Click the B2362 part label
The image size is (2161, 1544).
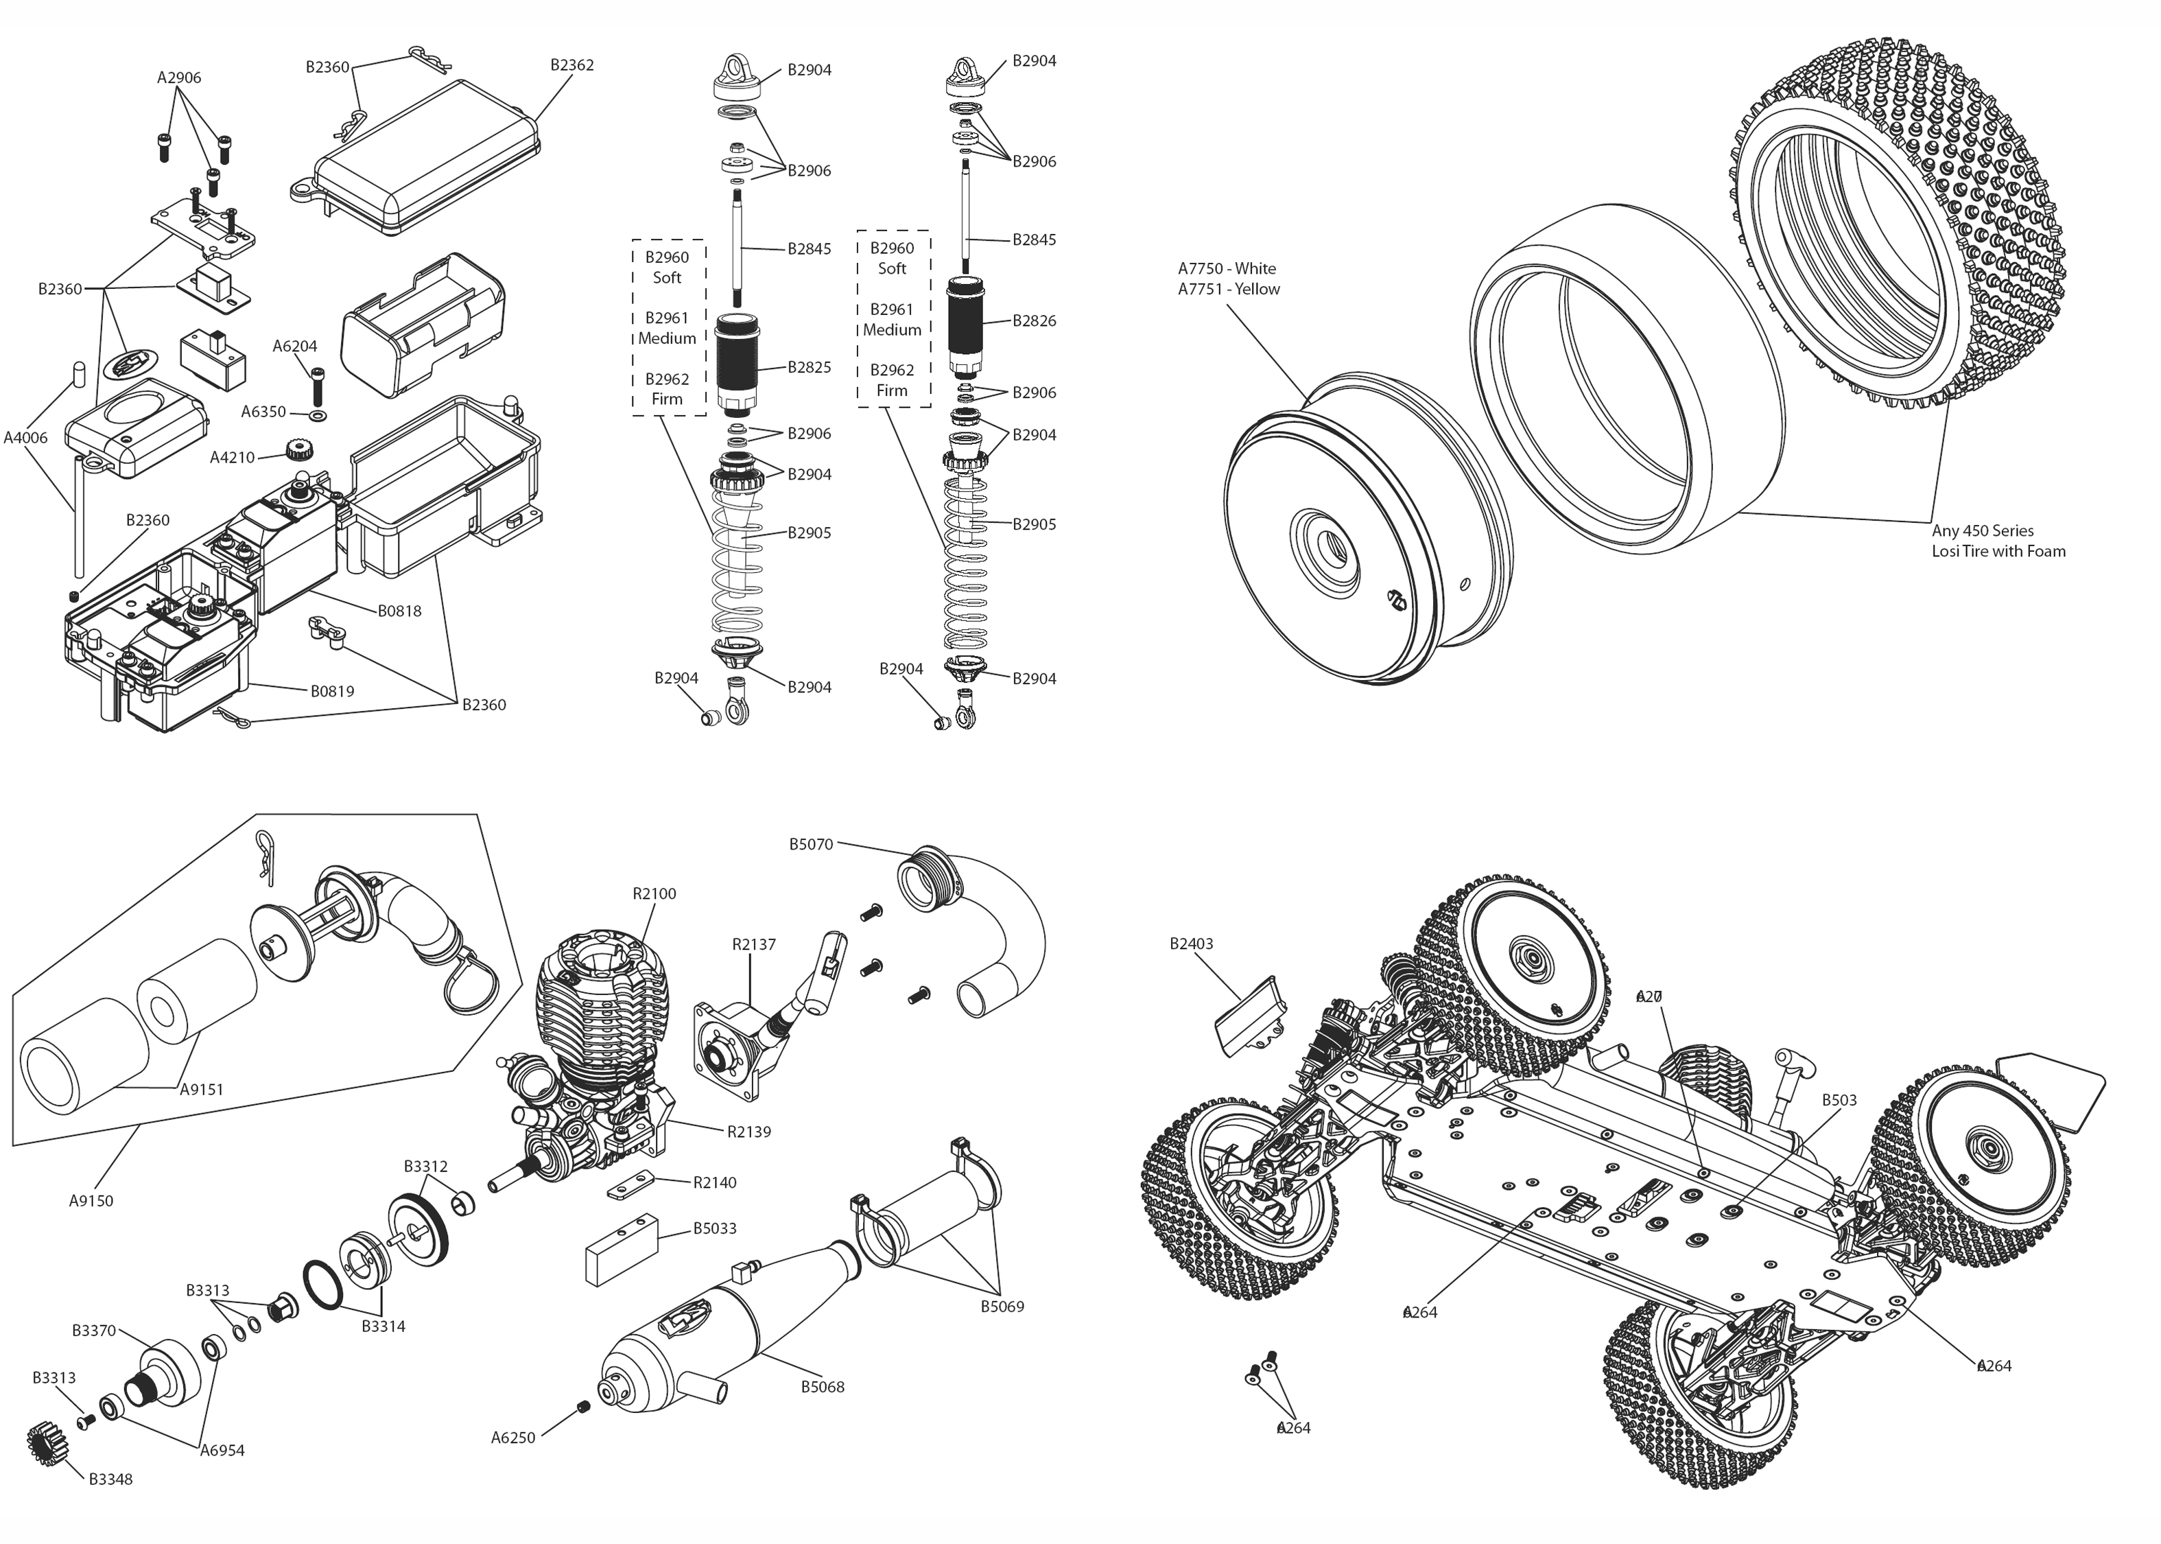coord(572,65)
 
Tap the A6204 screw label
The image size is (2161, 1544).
coord(294,346)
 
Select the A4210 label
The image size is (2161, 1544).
coord(232,457)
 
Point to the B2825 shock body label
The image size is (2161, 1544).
coord(809,367)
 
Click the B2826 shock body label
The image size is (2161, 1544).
coord(1034,320)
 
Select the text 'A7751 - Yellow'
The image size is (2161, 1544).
coord(1228,289)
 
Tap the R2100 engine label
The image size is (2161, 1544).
coord(654,893)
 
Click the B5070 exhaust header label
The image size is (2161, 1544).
coord(811,844)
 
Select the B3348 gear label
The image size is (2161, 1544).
coord(110,1479)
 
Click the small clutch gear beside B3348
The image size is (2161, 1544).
coord(42,1447)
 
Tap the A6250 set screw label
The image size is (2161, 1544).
coord(513,1438)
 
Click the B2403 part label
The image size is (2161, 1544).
coord(1191,944)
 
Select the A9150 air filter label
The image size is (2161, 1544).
coord(91,1201)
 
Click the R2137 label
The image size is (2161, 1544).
coord(753,944)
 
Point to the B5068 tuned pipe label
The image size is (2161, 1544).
coord(822,1387)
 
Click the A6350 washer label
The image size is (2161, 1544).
coord(263,412)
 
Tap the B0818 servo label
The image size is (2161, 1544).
coord(399,611)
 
